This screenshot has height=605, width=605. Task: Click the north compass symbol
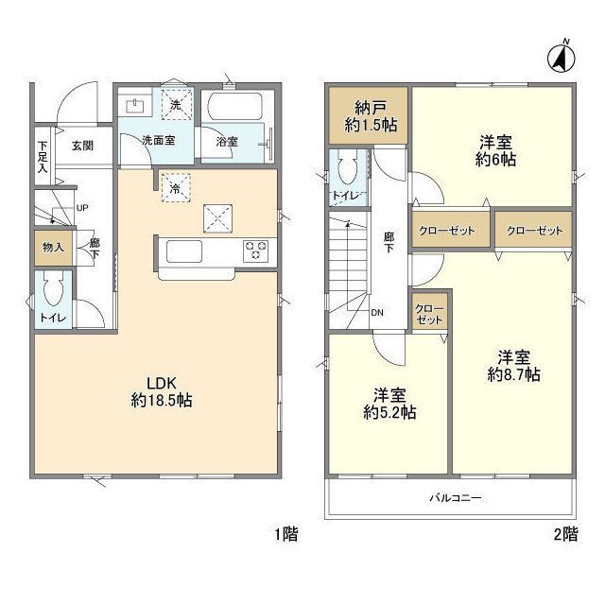coord(561,58)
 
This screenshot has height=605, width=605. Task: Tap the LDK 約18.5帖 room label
coord(162,391)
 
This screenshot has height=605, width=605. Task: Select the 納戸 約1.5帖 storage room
coord(369,115)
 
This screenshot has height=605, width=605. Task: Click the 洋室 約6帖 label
coord(495,151)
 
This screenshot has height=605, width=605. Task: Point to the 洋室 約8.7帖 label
coord(513,366)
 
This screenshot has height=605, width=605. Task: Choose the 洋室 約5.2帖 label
coord(389,404)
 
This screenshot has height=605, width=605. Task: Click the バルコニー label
coord(456,498)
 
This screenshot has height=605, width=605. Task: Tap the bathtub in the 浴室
coord(235,106)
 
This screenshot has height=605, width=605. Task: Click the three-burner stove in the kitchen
coord(255,251)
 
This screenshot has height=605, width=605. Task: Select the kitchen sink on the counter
coord(184,251)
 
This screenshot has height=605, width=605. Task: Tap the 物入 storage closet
coord(53,248)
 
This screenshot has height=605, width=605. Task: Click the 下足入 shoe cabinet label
coord(43,157)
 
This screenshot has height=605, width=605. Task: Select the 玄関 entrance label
coord(82,146)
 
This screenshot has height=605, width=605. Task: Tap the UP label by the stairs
coord(82,208)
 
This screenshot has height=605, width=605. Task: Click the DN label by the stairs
coord(377,312)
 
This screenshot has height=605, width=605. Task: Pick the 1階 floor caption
coord(285,534)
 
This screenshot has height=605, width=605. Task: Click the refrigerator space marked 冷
coord(176,188)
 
